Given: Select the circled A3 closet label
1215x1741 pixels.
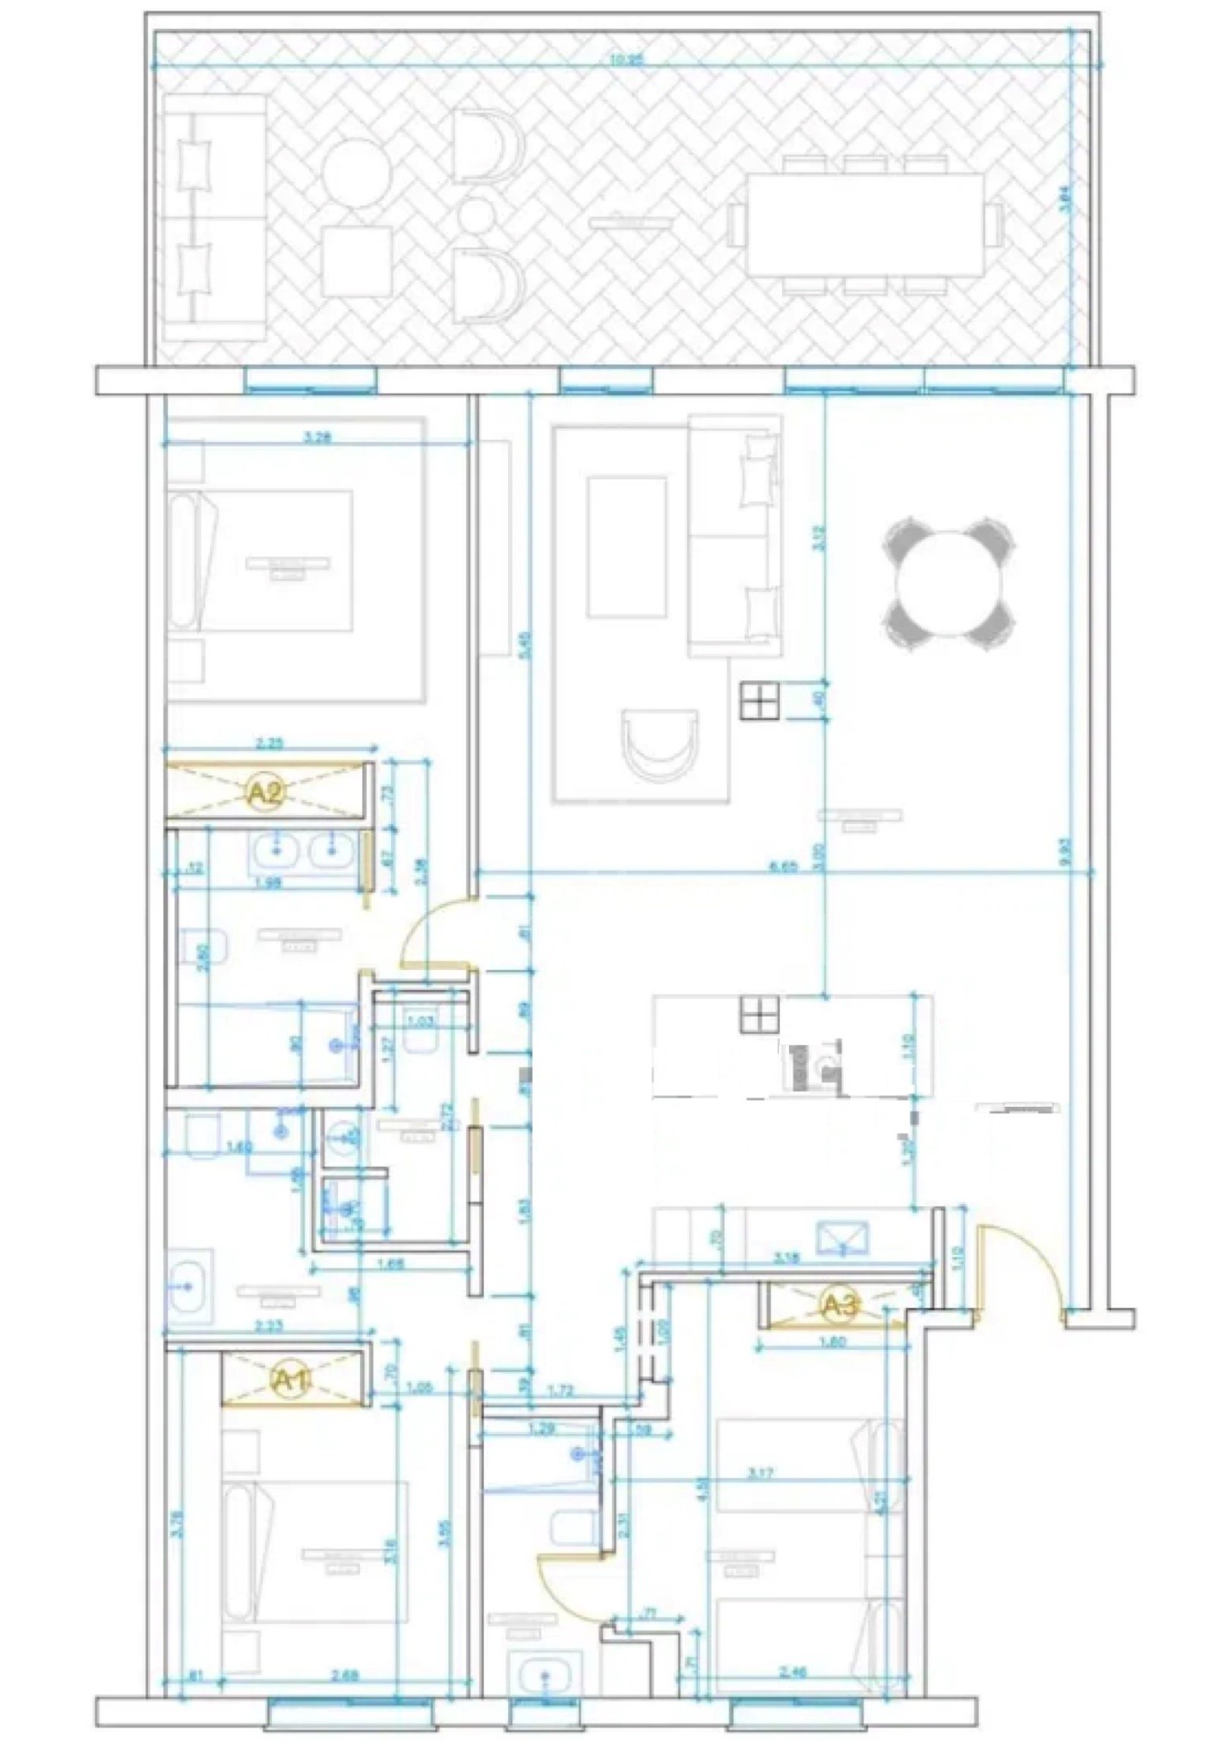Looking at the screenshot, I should tap(841, 1305).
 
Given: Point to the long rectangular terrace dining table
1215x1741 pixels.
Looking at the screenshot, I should tap(865, 226).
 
